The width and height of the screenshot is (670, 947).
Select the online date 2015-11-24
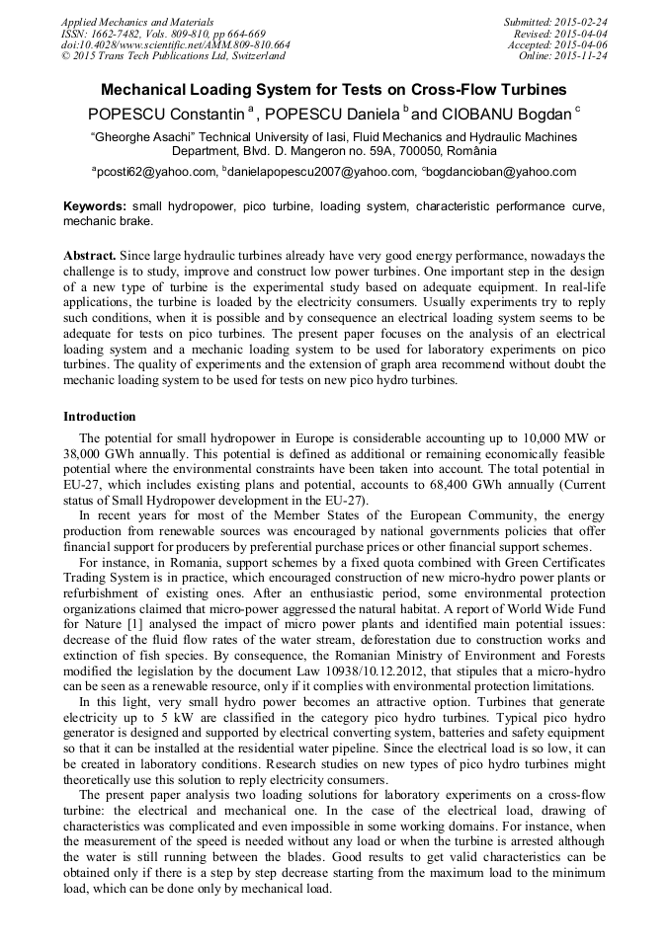(583, 56)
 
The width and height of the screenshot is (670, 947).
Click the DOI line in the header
(175, 44)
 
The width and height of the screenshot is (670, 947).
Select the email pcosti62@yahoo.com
(155, 172)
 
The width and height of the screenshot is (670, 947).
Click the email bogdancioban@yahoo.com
(501, 172)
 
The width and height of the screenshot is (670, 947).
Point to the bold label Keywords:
(95, 206)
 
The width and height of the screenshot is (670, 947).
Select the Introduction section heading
(100, 416)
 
